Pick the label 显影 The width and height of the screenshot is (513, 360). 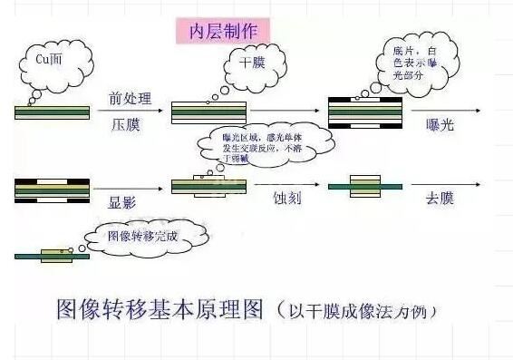pos(122,202)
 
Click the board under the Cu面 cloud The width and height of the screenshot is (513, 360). pos(52,112)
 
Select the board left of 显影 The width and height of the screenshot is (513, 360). pos(52,190)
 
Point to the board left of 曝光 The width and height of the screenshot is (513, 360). pos(363,113)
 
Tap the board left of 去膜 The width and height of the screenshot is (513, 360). pos(363,186)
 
